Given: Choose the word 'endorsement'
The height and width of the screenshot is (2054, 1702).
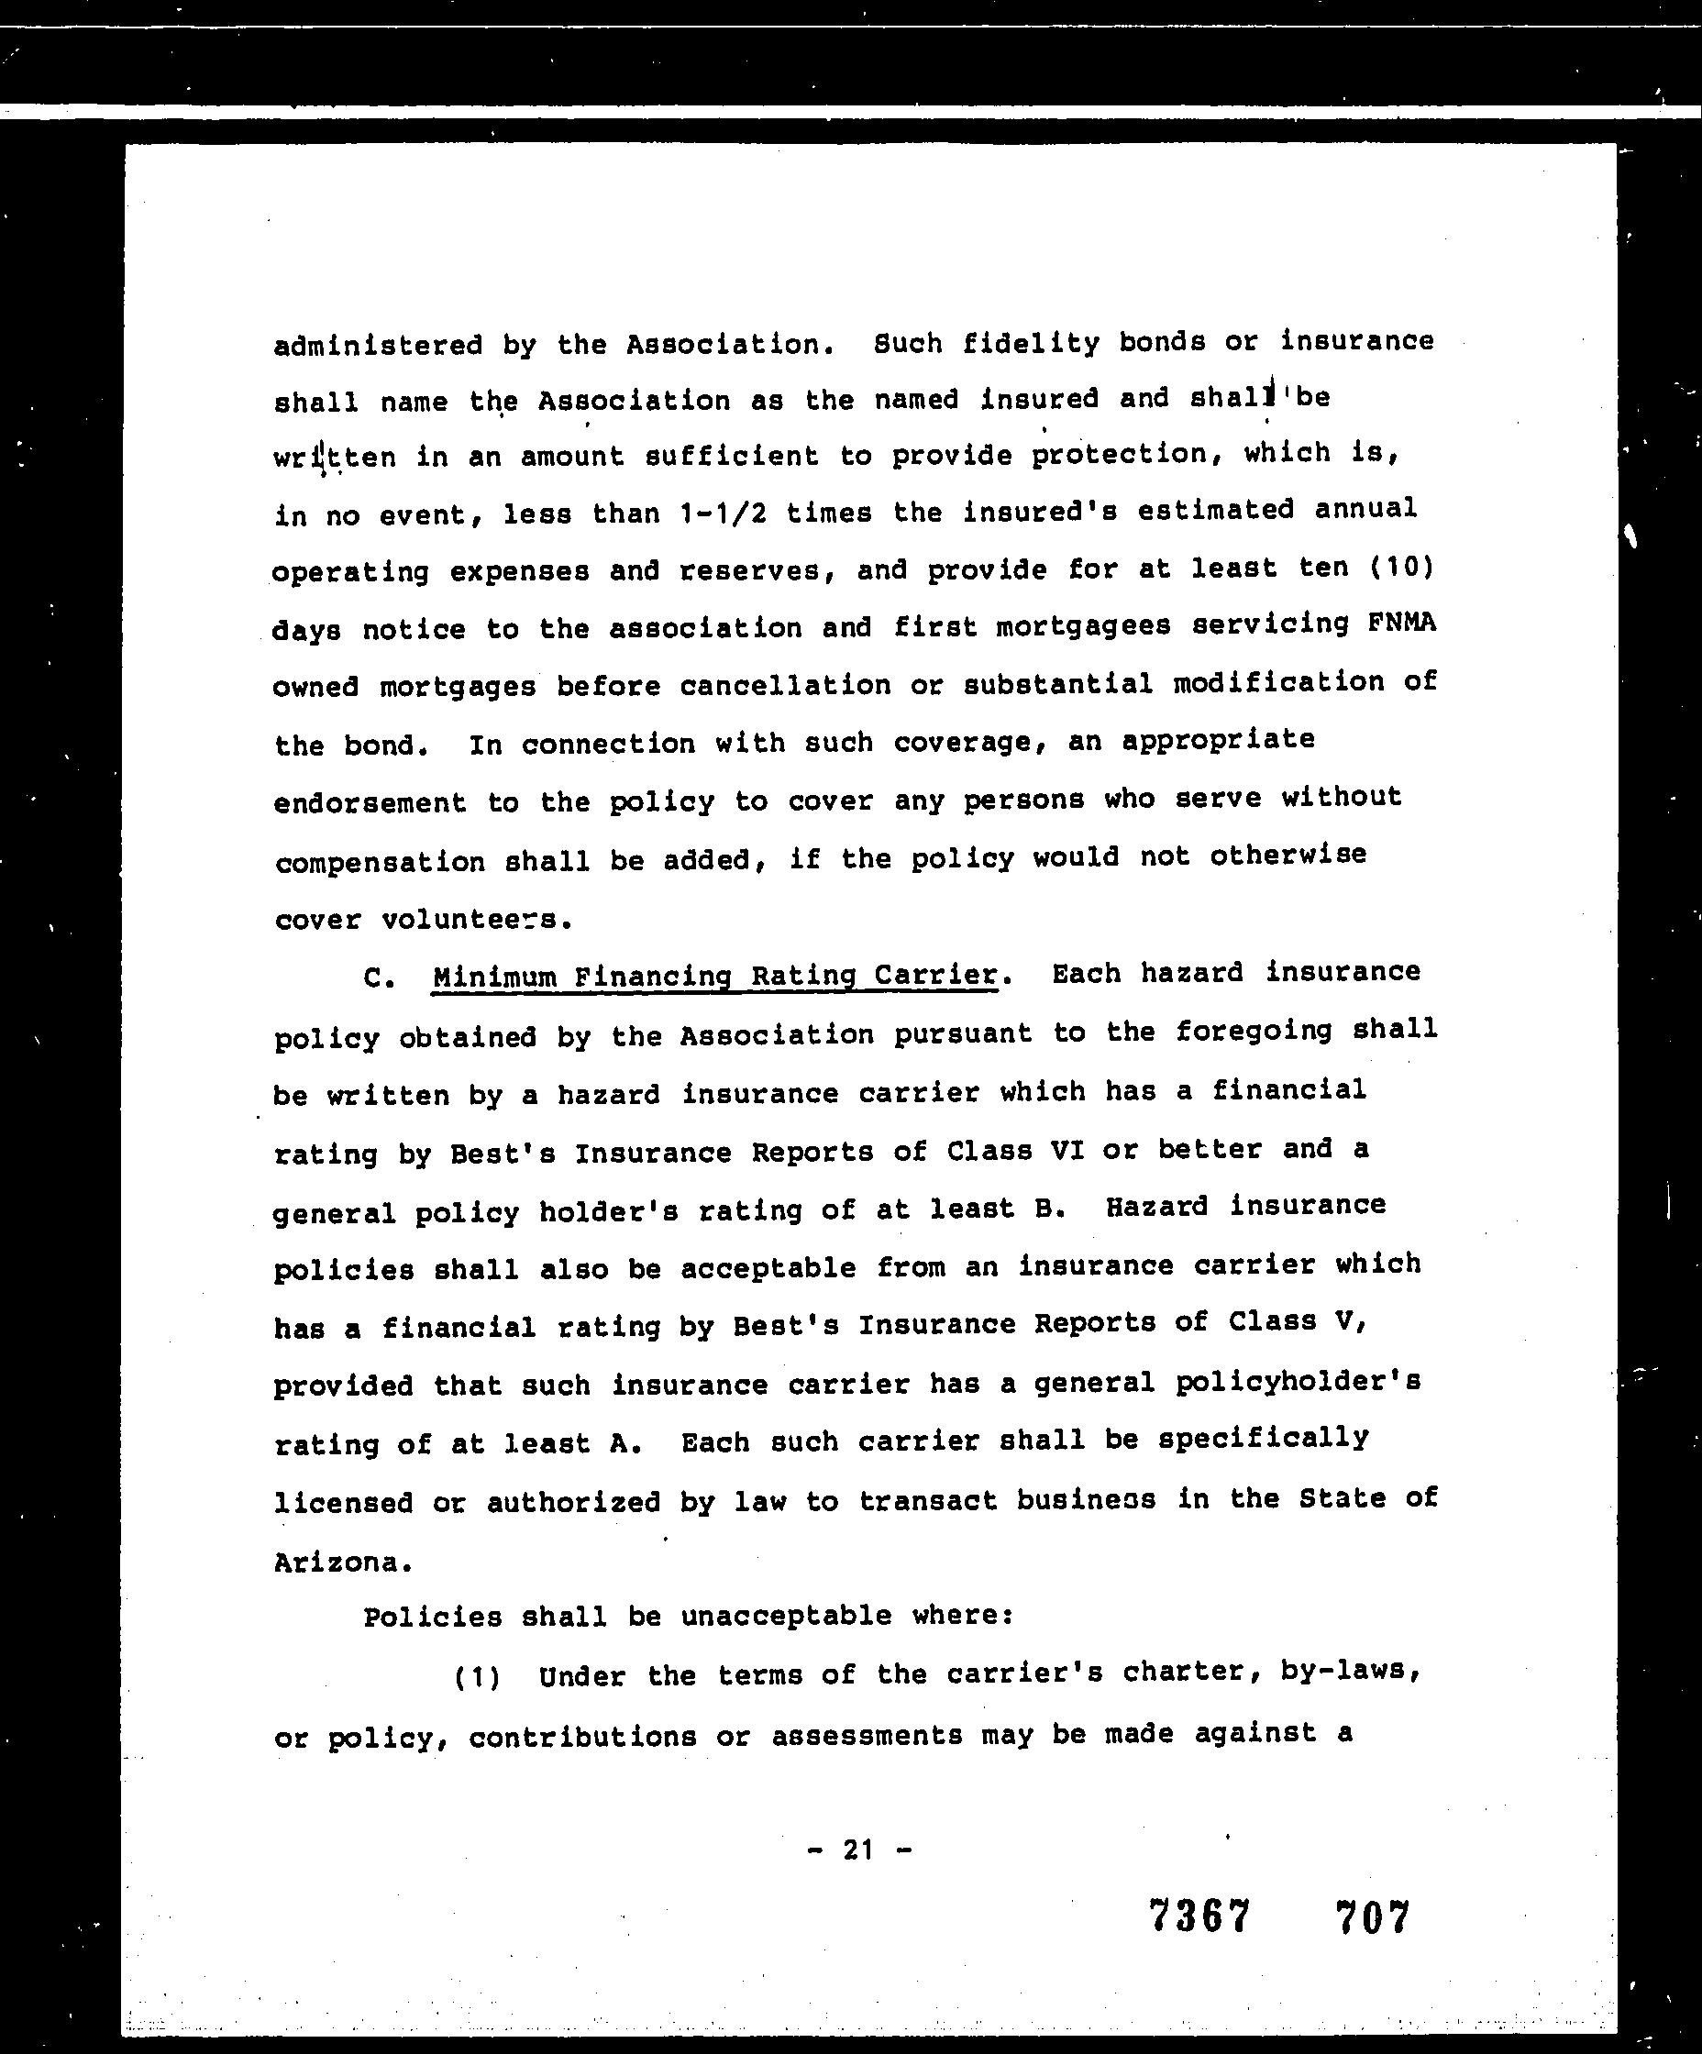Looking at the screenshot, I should (x=370, y=803).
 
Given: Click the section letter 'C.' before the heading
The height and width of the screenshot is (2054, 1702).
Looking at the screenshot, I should (x=379, y=978).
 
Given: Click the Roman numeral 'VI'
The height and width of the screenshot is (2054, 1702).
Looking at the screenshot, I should (x=1067, y=1149).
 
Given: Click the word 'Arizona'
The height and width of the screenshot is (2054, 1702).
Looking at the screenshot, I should (x=336, y=1562).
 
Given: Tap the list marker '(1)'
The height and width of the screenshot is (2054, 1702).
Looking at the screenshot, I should (x=478, y=1677).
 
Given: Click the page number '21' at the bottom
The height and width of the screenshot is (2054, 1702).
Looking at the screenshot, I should (x=857, y=1849).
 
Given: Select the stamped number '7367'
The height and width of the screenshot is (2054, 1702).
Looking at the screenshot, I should (x=1199, y=1916).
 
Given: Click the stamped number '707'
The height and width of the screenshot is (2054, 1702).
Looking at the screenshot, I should (x=1374, y=1916).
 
